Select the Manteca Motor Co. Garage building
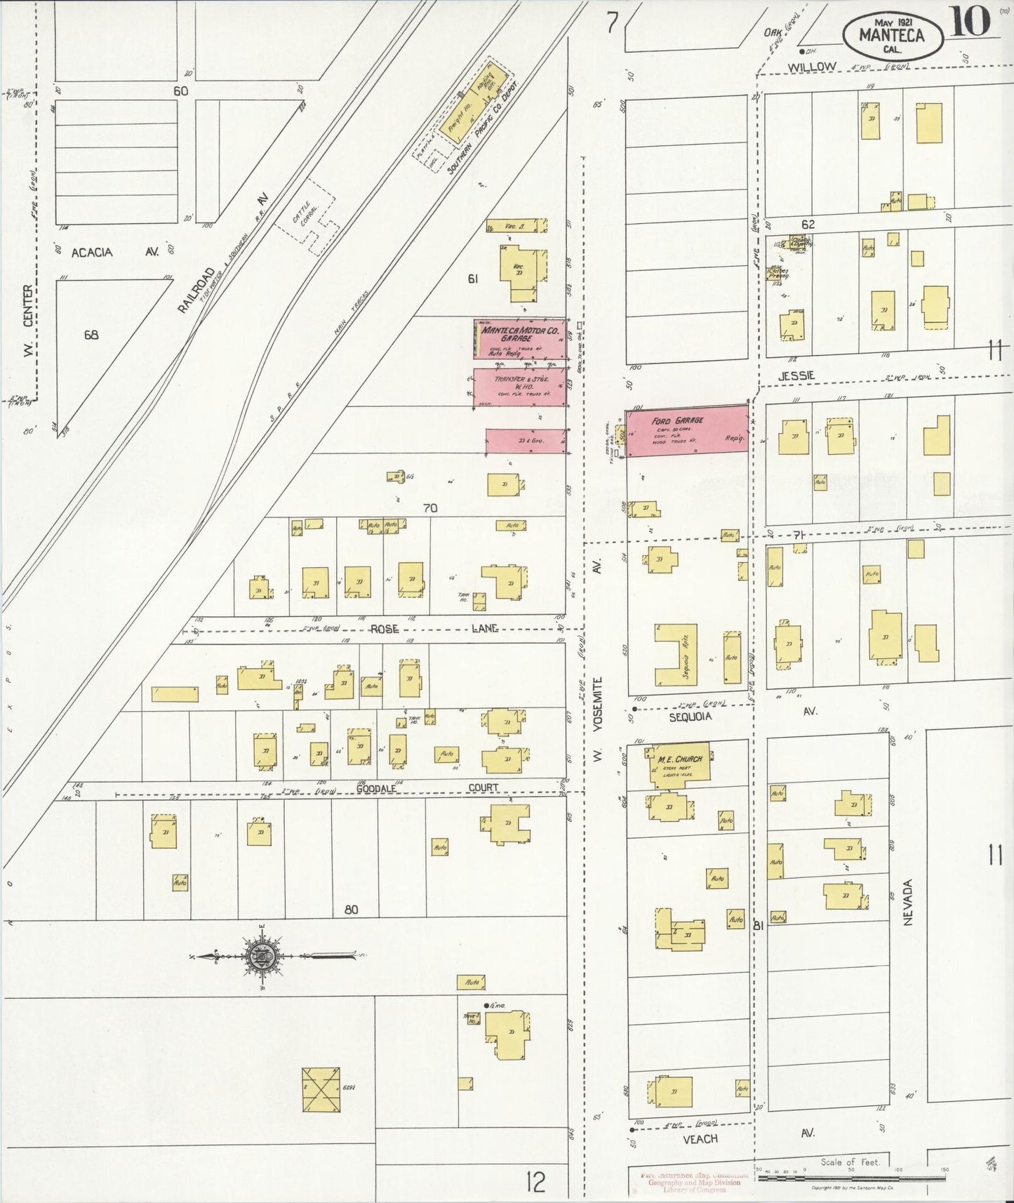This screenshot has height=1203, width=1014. click(520, 340)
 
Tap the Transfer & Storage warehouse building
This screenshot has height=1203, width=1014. click(520, 387)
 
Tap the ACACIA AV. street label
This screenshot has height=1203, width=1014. click(116, 252)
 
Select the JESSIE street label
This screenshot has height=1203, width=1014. click(796, 376)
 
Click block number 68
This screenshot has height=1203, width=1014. click(91, 335)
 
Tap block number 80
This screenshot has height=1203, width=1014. click(351, 910)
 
